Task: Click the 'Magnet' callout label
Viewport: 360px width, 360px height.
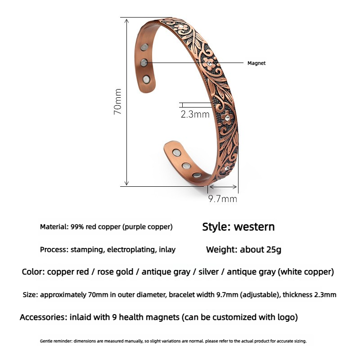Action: pos(256,63)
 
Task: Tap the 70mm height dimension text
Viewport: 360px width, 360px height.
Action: pos(117,102)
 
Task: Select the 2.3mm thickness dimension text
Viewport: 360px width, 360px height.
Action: pos(195,114)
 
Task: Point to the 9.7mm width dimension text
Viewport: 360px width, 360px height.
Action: pos(223,199)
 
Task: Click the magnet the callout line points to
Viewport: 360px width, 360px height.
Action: pos(144,62)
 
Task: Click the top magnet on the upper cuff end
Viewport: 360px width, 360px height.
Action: pos(144,48)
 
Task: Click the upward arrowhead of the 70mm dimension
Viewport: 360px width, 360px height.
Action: pos(126,21)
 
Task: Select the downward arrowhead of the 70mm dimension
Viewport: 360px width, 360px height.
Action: pos(126,183)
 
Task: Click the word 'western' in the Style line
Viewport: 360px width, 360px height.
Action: pos(254,227)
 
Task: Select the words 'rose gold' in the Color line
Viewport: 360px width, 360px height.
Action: pos(115,272)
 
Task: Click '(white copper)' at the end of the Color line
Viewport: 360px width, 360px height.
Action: pos(306,272)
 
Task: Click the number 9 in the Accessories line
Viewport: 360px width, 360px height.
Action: pos(114,317)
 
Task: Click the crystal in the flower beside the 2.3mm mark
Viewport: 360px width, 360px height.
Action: pos(227,118)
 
